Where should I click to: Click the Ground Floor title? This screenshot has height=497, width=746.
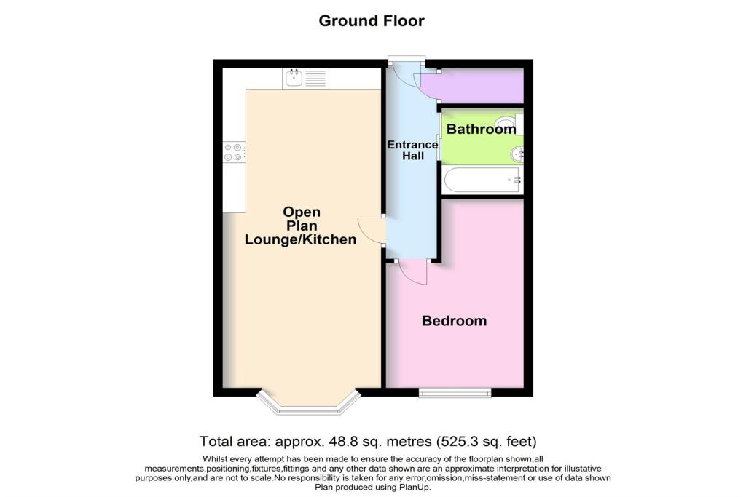[372, 20]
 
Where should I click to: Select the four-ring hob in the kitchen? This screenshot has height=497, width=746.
[234, 151]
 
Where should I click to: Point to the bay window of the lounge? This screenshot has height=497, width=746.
[310, 403]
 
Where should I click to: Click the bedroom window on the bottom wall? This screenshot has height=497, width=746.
[455, 393]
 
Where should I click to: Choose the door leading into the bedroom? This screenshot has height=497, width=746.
[413, 273]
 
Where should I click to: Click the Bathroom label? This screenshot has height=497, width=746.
[481, 130]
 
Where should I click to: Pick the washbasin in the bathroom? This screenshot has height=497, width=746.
[517, 154]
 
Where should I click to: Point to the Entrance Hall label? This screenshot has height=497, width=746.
[412, 151]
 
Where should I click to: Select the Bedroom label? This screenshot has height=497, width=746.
[455, 321]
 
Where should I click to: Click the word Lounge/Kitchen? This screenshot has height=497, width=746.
[300, 239]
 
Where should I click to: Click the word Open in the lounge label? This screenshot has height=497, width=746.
[302, 212]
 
